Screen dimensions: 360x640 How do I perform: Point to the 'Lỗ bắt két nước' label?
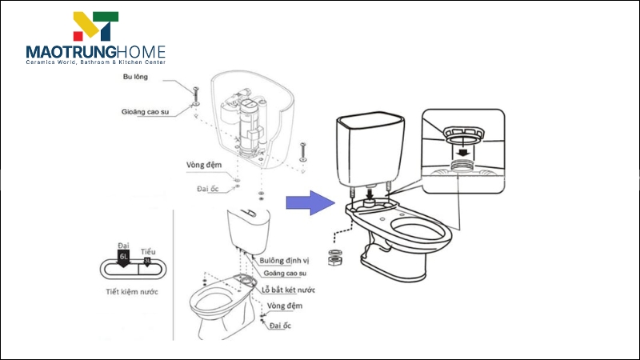coord(288,289)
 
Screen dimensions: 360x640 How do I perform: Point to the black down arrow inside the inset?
coord(461,150)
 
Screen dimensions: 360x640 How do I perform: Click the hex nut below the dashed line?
coord(335,259)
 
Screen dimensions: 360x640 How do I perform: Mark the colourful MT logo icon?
coord(96,26)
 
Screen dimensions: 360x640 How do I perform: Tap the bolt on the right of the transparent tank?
coord(302,151)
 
